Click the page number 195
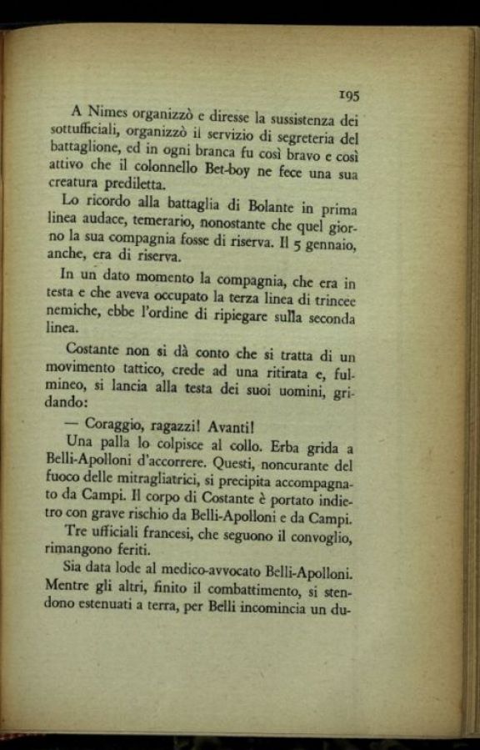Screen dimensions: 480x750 pos(348,97)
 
